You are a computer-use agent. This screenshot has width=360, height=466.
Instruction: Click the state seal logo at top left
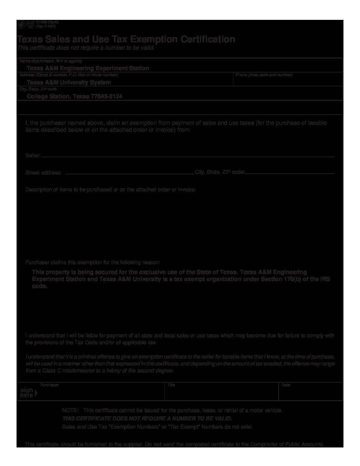coord(21,24)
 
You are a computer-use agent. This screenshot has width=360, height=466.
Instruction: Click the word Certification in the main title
coord(207,39)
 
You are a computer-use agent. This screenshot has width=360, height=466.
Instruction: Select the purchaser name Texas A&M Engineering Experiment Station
coord(88,68)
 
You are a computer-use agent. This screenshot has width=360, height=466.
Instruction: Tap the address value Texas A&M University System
coord(69,82)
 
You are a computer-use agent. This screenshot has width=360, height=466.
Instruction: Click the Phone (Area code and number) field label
coord(264,75)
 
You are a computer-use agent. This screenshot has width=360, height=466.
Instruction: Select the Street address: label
coord(43,173)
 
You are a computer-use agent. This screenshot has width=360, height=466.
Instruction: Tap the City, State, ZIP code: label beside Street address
coord(220,172)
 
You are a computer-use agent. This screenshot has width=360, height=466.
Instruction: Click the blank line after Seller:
coord(188,156)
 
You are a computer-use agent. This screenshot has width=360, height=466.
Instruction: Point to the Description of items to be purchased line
coord(111,190)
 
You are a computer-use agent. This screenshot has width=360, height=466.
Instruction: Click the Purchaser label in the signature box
coord(50,385)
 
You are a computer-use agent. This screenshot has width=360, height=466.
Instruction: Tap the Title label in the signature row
coord(171,385)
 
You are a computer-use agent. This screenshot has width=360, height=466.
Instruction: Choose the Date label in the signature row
coord(286,385)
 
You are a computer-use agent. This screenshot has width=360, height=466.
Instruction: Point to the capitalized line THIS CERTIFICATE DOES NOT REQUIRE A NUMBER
coord(147,419)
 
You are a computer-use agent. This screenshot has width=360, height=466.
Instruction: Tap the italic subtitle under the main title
coord(86,48)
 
